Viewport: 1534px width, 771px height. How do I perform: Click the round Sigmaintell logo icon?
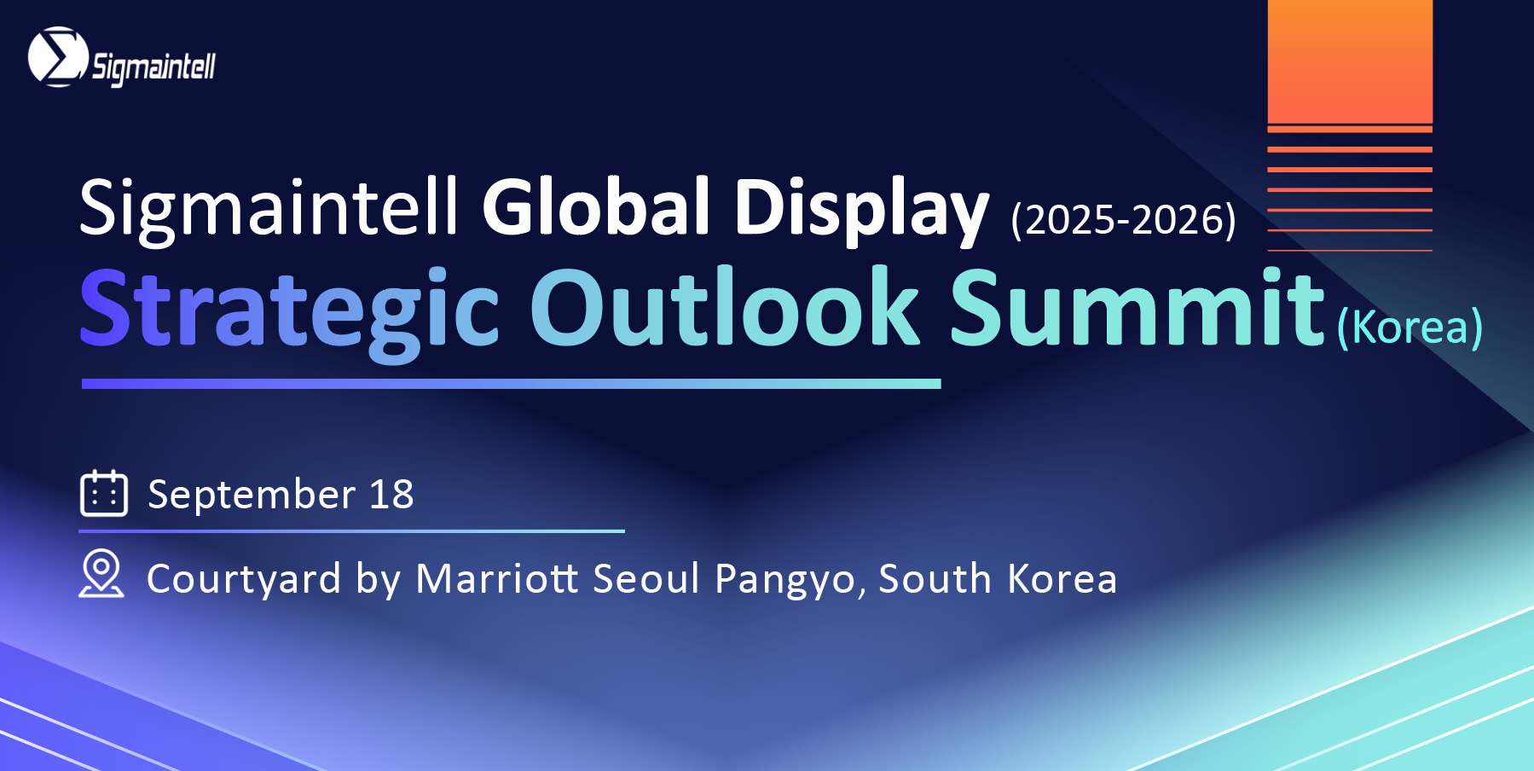click(58, 57)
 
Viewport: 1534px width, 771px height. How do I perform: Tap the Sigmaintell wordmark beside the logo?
click(154, 67)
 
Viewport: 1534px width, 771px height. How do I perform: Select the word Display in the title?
click(861, 211)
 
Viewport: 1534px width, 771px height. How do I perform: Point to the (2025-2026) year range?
click(1124, 220)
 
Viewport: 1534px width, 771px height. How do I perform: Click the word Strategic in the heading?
click(289, 310)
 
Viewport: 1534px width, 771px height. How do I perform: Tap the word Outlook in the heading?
click(726, 307)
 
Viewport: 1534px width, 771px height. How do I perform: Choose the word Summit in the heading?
click(1137, 307)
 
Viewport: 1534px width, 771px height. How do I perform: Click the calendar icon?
click(104, 493)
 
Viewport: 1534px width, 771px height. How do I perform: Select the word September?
click(252, 495)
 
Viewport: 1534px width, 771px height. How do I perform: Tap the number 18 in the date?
click(391, 494)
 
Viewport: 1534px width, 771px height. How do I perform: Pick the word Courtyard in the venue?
click(244, 580)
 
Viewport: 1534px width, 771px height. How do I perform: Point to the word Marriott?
click(498, 578)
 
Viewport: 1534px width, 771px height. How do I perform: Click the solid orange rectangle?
click(1350, 61)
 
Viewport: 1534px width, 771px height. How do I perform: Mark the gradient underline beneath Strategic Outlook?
click(512, 384)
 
